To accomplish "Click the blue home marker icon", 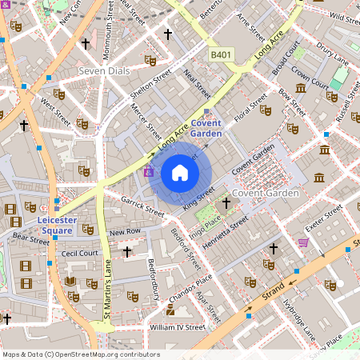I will pos(180,173).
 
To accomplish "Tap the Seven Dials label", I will pos(103,71).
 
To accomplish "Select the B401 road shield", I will pos(222,54).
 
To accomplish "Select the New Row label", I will pos(125,232).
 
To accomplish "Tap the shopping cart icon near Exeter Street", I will pos(303,242).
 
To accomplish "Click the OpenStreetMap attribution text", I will pos(81,354).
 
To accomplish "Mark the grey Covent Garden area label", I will pos(266,194).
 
